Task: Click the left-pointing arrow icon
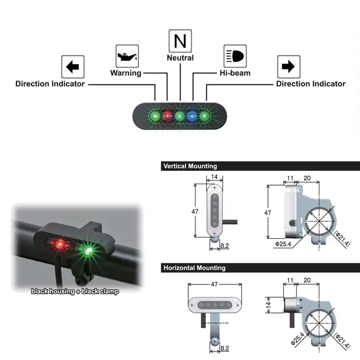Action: [73, 67]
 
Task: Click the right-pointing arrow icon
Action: [288, 67]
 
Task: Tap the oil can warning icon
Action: [126, 56]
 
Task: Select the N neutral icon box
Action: [180, 41]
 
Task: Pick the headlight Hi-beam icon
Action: [235, 56]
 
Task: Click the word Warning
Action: [125, 73]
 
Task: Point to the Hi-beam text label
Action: [235, 73]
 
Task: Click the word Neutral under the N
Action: [180, 58]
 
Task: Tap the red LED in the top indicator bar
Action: [167, 116]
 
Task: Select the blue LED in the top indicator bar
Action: [192, 116]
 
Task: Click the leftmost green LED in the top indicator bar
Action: [154, 116]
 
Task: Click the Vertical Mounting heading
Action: [190, 166]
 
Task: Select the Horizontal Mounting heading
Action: [194, 268]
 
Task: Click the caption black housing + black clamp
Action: [75, 292]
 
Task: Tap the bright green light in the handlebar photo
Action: [89, 250]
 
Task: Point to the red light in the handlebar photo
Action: [60, 244]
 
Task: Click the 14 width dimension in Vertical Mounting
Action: [214, 177]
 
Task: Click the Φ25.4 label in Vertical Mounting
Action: [284, 243]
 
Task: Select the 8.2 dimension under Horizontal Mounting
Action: [224, 348]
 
